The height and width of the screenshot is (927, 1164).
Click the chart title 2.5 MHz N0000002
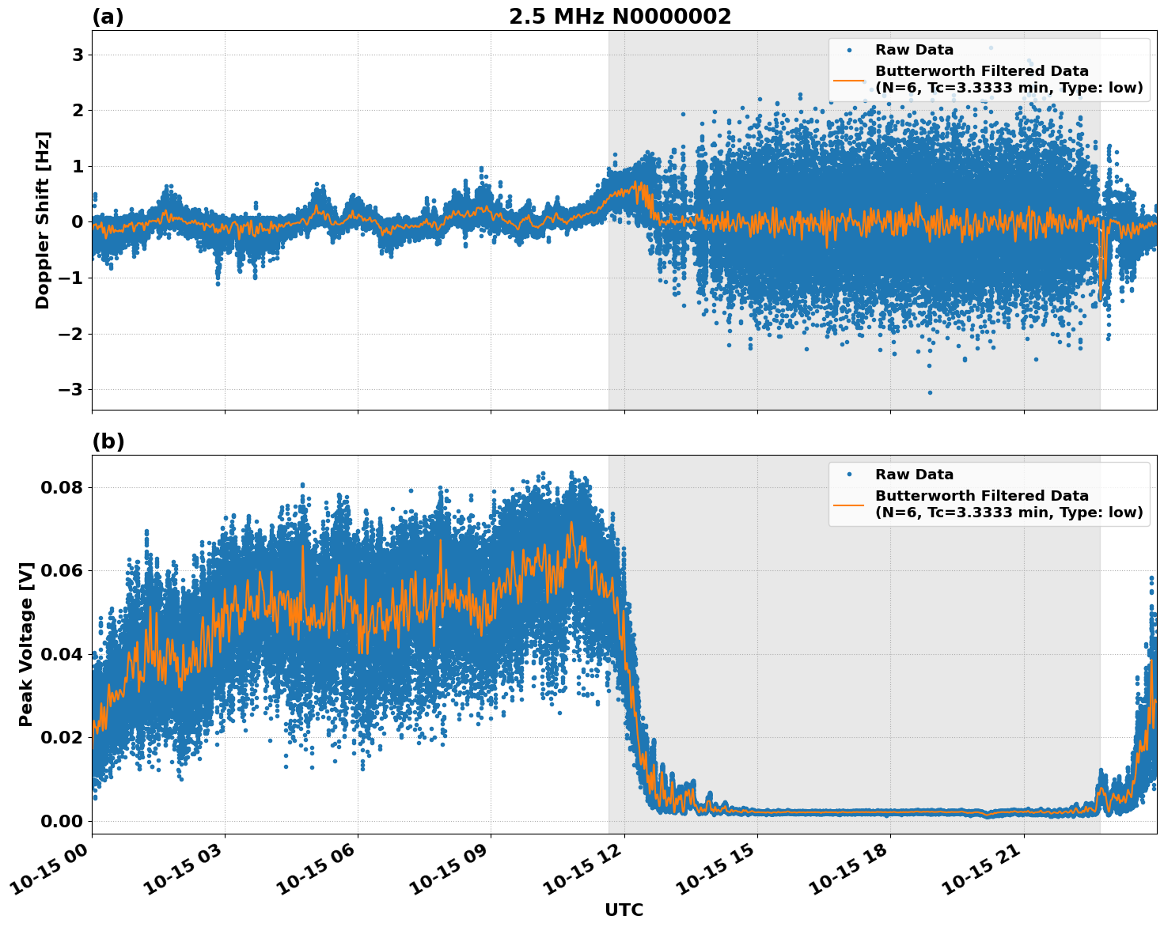620,17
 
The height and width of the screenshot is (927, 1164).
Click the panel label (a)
108,17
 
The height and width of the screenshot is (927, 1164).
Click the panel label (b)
108,441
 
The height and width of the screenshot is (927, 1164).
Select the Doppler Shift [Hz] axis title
43,220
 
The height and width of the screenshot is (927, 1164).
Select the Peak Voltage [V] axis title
26,644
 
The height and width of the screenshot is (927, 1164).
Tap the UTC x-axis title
624,910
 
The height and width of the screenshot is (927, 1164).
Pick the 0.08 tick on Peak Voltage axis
61,487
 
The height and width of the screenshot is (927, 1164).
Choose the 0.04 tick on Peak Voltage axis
61,654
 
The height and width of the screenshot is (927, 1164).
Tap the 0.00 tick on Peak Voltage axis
61,821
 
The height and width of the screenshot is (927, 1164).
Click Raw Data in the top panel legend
914,50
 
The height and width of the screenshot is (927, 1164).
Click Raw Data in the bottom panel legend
914,475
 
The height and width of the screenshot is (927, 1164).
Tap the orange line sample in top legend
849,79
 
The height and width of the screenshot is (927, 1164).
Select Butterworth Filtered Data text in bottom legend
981,496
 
